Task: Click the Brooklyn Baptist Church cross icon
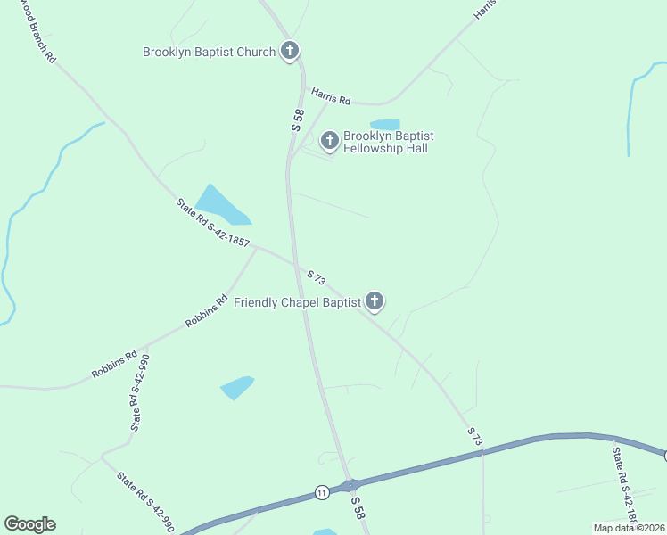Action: tap(289, 51)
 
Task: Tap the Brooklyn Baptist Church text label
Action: tap(210, 52)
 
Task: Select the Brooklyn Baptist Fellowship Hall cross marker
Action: tap(329, 140)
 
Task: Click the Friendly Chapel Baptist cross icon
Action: tap(375, 302)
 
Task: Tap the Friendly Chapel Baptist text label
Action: tap(297, 303)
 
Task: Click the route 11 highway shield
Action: tap(321, 492)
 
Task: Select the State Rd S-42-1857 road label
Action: tap(214, 224)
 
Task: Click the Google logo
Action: tap(29, 524)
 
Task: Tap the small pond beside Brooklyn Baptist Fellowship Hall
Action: tap(385, 124)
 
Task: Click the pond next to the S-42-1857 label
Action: tap(221, 205)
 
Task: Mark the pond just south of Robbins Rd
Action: tap(236, 387)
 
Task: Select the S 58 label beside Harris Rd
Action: tap(299, 121)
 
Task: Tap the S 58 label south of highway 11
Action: tap(358, 508)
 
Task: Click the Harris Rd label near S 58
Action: tap(331, 95)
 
